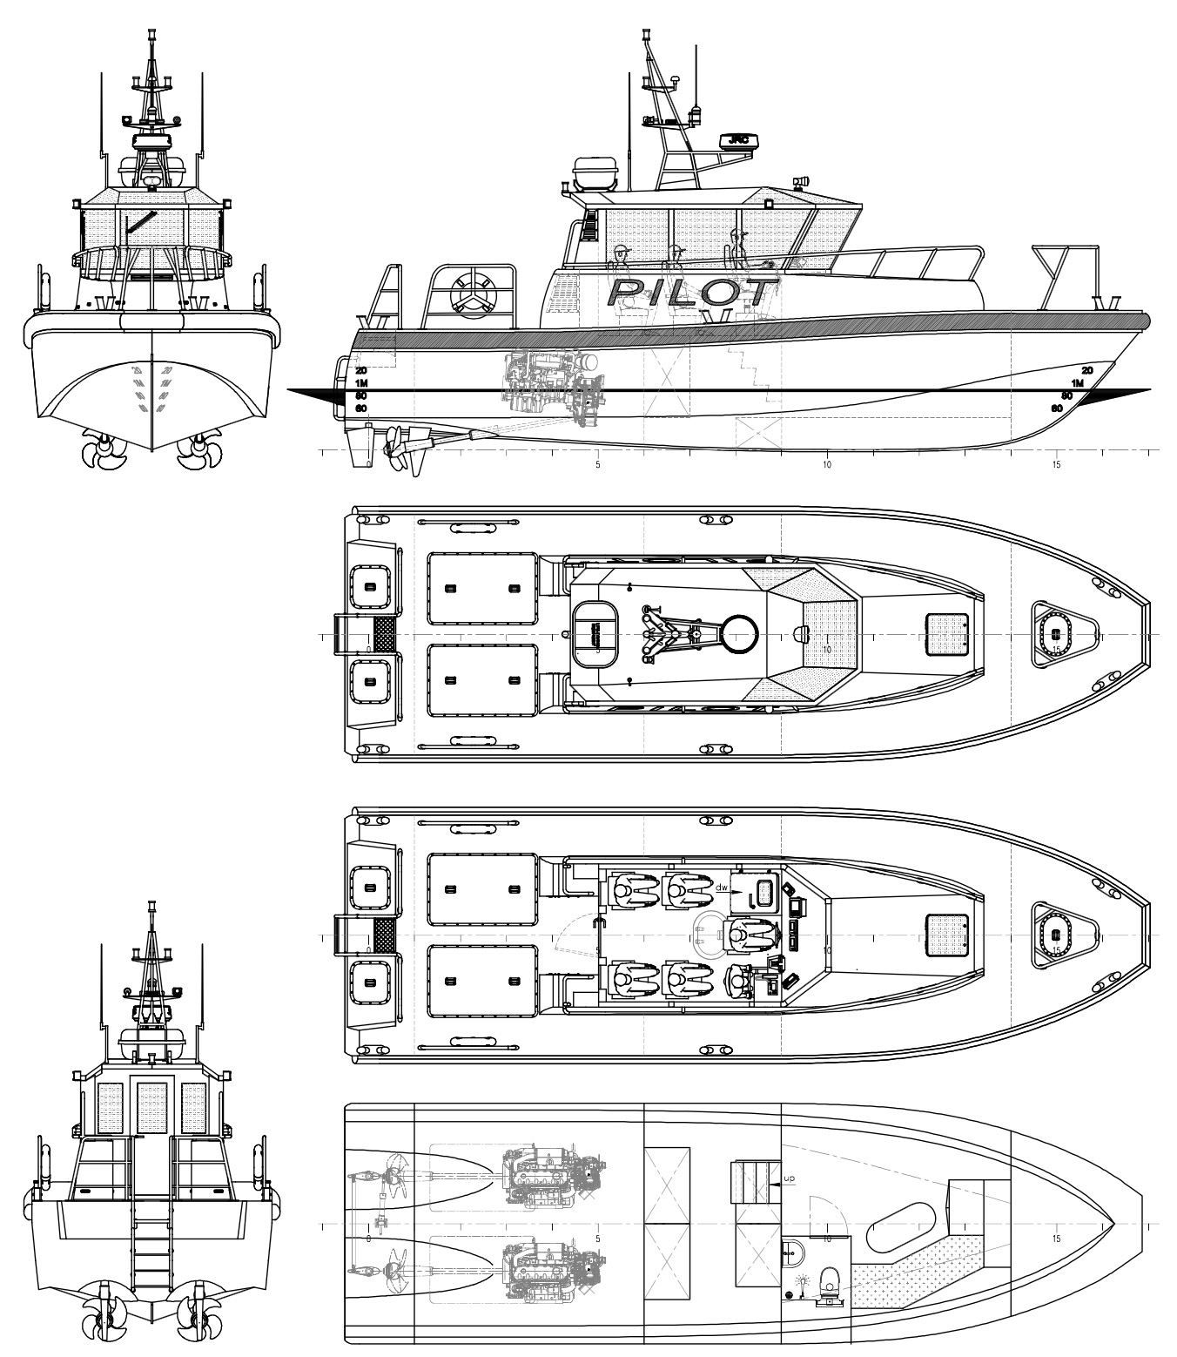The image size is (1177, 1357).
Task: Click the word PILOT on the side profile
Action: [692, 292]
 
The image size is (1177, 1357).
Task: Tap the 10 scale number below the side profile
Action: [826, 465]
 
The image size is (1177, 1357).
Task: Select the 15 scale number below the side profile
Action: [1056, 465]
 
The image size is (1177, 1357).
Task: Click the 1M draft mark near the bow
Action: [1077, 383]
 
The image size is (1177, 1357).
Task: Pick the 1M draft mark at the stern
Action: [362, 383]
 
